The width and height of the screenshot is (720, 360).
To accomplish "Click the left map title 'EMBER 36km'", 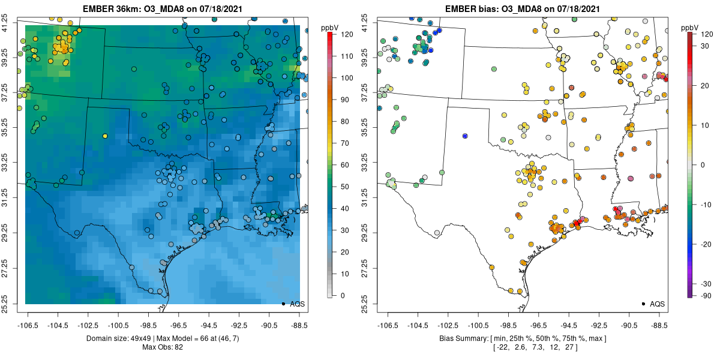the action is click(106, 8).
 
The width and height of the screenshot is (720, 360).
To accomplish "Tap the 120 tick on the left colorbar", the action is click(347, 34).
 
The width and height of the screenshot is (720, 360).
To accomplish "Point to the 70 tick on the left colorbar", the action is click(345, 143).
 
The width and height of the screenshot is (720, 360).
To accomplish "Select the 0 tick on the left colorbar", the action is click(343, 295).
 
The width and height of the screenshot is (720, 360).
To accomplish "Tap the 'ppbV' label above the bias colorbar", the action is click(690, 28).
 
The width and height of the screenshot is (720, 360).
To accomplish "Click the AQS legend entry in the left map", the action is click(293, 304).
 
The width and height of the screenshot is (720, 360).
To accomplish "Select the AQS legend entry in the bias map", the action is click(653, 304).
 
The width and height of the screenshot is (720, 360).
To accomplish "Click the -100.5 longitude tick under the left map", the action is click(118, 326).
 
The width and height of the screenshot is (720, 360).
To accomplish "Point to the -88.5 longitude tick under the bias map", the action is click(659, 326).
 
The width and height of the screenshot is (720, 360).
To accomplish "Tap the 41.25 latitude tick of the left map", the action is click(5, 23).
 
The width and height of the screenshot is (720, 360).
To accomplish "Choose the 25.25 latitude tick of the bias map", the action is click(365, 304).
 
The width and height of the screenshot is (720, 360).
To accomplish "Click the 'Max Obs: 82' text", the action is click(163, 347).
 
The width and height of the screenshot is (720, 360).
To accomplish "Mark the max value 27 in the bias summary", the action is click(569, 347).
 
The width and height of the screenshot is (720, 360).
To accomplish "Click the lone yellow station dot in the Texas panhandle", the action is click(105, 136).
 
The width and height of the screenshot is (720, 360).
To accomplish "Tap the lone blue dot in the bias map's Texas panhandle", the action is click(465, 136).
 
